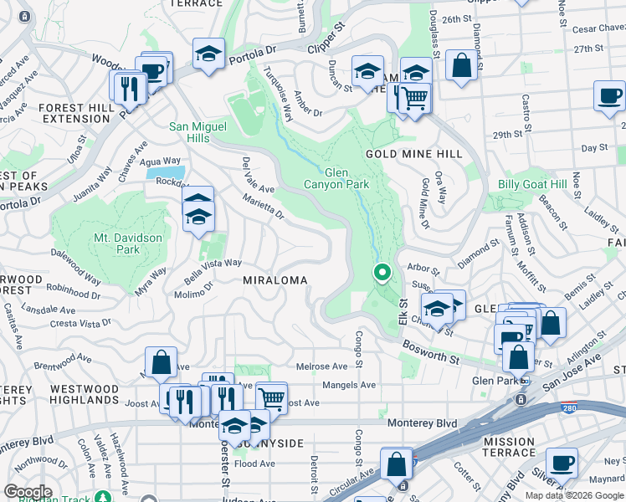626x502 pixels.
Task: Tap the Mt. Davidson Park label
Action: [127, 243]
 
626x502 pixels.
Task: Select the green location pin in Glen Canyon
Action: [382, 273]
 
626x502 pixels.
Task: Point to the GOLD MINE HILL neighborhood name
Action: [413, 155]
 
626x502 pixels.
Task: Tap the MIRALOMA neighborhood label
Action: [275, 279]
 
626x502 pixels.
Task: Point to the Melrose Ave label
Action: [322, 366]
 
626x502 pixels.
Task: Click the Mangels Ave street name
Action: [350, 385]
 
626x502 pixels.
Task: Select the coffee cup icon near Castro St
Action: [610, 95]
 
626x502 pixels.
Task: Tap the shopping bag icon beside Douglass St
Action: [461, 65]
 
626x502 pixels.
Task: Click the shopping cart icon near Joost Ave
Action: [271, 396]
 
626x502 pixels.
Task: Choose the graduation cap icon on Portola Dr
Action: [208, 54]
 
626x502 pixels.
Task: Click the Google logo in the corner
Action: [28, 492]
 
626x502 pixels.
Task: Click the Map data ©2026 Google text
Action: [573, 495]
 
